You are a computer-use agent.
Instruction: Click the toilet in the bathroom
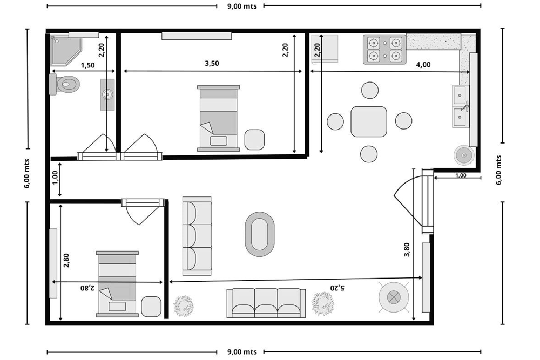(65, 84)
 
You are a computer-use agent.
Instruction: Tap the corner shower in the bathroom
(65, 50)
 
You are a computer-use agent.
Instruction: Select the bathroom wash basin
(107, 94)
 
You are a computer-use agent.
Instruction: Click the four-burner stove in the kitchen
(384, 49)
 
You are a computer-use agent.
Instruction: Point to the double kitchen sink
(461, 106)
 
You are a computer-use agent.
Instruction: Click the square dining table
(369, 121)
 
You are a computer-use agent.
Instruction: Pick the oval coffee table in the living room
(260, 234)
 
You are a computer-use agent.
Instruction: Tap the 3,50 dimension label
(212, 63)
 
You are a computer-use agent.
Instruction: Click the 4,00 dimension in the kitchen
(423, 65)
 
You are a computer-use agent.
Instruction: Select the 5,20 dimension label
(337, 288)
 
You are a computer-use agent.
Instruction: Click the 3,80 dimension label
(407, 249)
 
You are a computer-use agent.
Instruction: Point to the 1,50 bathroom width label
(87, 65)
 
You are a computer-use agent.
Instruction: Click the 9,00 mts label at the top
(242, 6)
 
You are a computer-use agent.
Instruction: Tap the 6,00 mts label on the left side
(27, 173)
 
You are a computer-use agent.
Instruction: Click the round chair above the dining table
(370, 90)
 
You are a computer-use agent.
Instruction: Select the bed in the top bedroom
(218, 118)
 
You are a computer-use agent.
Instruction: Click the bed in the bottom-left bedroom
(117, 284)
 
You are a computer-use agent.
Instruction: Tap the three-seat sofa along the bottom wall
(266, 303)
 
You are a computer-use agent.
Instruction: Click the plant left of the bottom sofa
(184, 305)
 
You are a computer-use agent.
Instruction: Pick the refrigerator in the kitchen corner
(325, 49)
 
